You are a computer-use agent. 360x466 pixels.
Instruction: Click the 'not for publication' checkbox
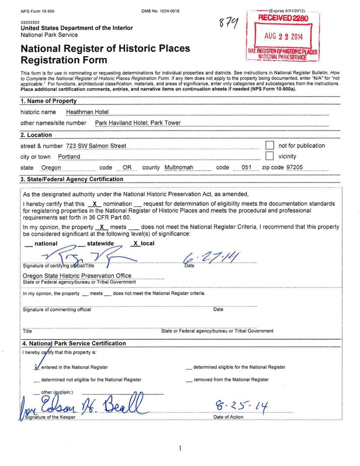(x=269, y=146)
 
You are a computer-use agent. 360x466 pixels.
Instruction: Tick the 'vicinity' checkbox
(x=269, y=156)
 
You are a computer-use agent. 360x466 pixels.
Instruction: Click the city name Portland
(x=69, y=157)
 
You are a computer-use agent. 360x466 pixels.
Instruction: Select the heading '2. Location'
(x=36, y=135)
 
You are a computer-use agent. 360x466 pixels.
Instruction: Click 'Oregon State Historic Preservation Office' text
(x=77, y=276)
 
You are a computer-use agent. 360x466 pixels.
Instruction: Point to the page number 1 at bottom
(x=180, y=448)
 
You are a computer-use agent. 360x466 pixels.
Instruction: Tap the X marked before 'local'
(x=136, y=243)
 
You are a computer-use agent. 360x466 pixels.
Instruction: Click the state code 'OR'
(x=126, y=167)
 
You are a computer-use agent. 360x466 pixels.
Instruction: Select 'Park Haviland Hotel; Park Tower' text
(x=138, y=123)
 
